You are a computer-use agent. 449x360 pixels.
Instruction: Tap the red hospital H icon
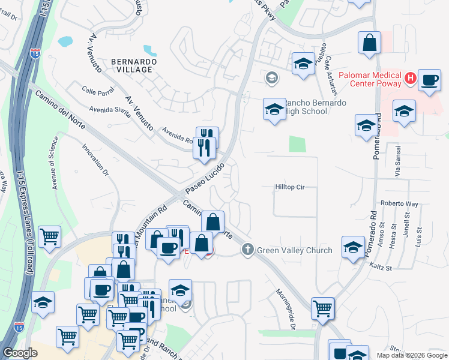coord(411,78)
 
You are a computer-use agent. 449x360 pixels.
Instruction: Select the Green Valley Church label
coord(294,250)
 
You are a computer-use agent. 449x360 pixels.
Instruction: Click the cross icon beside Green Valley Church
coord(247,250)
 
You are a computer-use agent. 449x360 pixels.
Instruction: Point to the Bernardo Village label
coord(134,65)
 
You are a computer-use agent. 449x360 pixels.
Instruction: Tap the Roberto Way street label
coord(399,203)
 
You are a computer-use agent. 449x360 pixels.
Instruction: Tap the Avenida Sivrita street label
coord(109,110)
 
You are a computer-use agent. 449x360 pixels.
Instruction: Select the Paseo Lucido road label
coord(205,178)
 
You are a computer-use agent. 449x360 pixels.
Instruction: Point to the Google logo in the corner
coord(20,353)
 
